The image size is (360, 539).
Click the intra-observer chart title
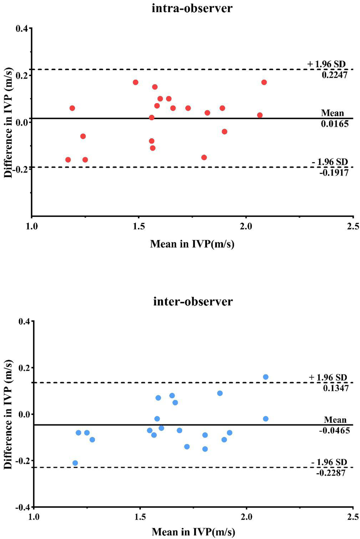tap(192, 8)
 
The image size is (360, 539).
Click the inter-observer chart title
tap(193, 301)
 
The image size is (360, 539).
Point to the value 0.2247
tap(334, 75)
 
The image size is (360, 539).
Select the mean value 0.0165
tap(334, 124)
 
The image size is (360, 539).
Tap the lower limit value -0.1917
tap(334, 173)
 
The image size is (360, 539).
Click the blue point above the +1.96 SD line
tap(265, 377)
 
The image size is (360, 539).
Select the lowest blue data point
tap(75, 463)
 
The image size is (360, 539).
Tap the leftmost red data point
tap(68, 160)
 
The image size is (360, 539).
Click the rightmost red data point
tap(264, 82)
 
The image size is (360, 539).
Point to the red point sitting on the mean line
tap(152, 117)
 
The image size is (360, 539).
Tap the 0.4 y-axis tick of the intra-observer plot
tap(22, 28)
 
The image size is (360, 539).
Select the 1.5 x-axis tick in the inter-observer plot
tap(140, 517)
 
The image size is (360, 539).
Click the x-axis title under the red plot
tap(192, 244)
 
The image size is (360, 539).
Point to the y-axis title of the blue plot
tap(8, 414)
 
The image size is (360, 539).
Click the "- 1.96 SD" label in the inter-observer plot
tap(329, 462)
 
